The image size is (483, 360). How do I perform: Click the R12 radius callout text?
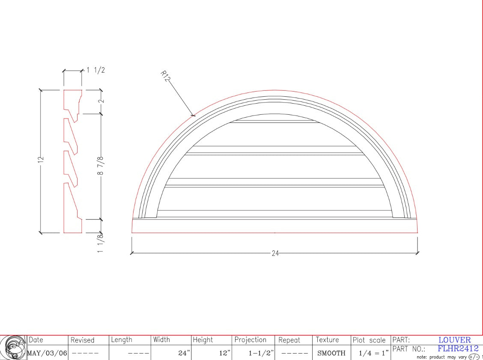click(x=165, y=76)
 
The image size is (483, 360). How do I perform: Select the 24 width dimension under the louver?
click(x=275, y=253)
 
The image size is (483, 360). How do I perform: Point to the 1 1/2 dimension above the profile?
click(x=95, y=71)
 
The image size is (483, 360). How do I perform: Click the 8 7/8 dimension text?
click(x=101, y=166)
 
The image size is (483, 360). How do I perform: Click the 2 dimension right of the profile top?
click(x=101, y=101)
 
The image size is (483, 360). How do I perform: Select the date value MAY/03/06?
click(x=47, y=353)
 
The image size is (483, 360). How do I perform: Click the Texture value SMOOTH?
click(x=331, y=353)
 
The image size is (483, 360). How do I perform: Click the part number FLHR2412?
click(x=458, y=349)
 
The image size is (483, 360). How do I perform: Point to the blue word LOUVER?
click(x=454, y=340)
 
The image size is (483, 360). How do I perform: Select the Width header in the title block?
click(x=161, y=340)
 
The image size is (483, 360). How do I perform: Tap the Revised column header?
click(x=82, y=340)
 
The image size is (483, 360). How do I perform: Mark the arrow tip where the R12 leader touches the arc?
click(x=194, y=115)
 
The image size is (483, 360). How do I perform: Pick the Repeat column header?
click(x=289, y=340)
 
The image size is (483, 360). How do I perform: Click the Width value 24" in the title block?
click(x=184, y=353)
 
